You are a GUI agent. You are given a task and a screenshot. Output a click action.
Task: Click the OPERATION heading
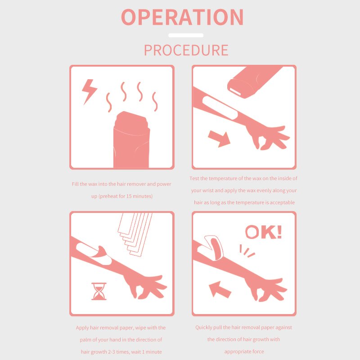[182, 17]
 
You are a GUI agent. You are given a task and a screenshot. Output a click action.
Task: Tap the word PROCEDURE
[186, 50]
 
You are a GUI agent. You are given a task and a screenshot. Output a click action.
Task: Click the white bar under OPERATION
[186, 36]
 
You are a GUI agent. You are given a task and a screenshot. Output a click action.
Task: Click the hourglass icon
[99, 291]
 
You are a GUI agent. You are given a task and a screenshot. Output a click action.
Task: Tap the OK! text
[263, 232]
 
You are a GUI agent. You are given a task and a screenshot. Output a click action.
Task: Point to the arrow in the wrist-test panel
[219, 139]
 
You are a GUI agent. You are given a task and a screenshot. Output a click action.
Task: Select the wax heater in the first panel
[131, 139]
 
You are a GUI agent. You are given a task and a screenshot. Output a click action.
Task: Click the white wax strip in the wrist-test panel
[220, 108]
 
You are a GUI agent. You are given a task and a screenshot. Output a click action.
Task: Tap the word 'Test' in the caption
[194, 178]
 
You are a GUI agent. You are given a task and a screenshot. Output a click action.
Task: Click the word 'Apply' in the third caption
[82, 328]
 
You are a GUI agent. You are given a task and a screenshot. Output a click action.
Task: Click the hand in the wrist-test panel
[267, 138]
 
